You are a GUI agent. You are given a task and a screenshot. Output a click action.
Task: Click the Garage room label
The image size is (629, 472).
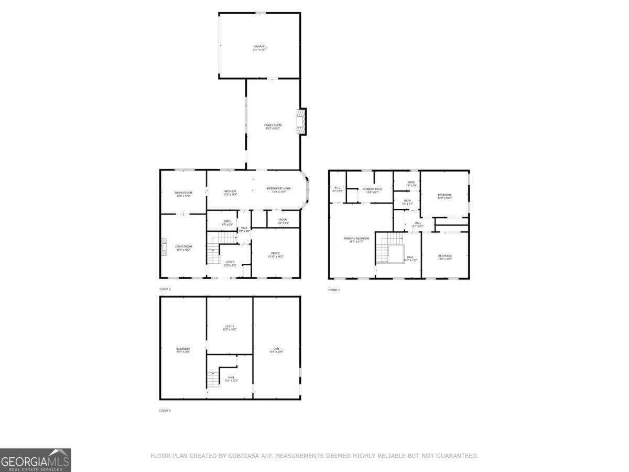pyautogui.click(x=259, y=48)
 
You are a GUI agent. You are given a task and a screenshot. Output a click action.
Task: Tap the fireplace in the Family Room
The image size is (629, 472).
pyautogui.click(x=301, y=122)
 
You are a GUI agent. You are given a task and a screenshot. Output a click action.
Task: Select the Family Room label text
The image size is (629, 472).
pyautogui.click(x=273, y=126)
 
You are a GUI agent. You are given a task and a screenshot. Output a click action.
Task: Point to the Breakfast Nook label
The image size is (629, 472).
pyautogui.click(x=279, y=190)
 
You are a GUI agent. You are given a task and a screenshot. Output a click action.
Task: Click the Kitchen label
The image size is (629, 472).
pyautogui.click(x=230, y=192)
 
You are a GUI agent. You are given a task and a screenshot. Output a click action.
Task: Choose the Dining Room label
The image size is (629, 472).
pyautogui.click(x=183, y=194)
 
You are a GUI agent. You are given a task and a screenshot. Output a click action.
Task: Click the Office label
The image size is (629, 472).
pyautogui.click(x=275, y=255)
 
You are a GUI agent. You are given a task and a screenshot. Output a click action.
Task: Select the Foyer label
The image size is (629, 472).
pyautogui.click(x=230, y=263)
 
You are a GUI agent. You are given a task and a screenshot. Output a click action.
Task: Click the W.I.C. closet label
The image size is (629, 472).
pyautogui.click(x=338, y=189)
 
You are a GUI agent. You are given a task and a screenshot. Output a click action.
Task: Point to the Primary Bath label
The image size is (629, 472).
pyautogui.click(x=372, y=190)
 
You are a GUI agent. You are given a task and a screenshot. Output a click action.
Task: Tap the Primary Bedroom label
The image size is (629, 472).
pyautogui.click(x=356, y=240)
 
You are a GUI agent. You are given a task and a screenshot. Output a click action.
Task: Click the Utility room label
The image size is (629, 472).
pyautogui.click(x=230, y=328)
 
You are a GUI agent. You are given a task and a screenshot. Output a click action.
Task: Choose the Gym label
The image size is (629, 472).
pyautogui.click(x=276, y=350)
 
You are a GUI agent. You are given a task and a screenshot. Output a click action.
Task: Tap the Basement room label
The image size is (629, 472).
pyautogui.click(x=183, y=350)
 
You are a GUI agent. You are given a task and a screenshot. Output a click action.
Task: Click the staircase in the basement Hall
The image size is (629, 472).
pyautogui.click(x=213, y=379)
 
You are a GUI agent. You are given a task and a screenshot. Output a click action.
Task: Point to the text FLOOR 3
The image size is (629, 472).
pyautogui.click(x=334, y=290)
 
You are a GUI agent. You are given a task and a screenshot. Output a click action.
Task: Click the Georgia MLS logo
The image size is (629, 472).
pyautogui.click(x=35, y=460)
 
